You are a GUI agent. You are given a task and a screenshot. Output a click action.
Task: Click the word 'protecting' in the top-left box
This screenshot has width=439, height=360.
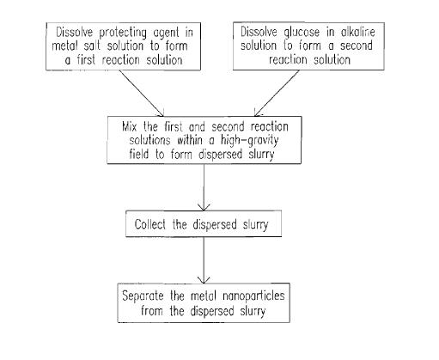pyautogui.click(x=123, y=33)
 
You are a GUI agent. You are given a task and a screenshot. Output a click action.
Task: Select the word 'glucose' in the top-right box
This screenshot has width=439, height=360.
pyautogui.click(x=302, y=33)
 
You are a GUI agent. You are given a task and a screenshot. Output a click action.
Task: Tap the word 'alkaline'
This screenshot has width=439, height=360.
pyautogui.click(x=357, y=32)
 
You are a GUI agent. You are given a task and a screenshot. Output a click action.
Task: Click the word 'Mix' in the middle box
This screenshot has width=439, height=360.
pyautogui.click(x=129, y=126)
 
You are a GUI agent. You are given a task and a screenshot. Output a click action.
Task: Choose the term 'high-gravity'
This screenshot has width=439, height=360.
pyautogui.click(x=249, y=141)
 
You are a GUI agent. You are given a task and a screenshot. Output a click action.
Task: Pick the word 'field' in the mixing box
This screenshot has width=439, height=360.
pyautogui.click(x=139, y=154)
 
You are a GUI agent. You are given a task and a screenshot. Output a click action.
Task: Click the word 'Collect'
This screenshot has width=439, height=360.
pyautogui.click(x=150, y=224)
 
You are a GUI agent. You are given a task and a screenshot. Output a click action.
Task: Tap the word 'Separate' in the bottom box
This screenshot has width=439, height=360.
pyautogui.click(x=143, y=296)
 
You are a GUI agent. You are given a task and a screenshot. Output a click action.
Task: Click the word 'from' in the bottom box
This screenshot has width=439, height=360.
pyautogui.click(x=152, y=310)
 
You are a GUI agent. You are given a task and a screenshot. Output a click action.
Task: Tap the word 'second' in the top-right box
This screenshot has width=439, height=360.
pyautogui.click(x=357, y=46)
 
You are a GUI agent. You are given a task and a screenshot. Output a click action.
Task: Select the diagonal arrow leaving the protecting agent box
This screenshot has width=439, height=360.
pyautogui.click(x=142, y=93)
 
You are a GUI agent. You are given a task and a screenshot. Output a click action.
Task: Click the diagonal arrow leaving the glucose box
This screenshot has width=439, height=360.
pyautogui.click(x=277, y=93)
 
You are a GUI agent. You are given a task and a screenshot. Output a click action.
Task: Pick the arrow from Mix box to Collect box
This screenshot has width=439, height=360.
pyautogui.click(x=204, y=187)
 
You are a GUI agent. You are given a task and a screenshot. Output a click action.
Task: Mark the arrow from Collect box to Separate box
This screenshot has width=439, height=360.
pyautogui.click(x=204, y=260)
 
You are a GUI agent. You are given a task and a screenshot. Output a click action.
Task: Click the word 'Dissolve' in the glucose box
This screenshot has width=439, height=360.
pyautogui.click(x=259, y=32)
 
